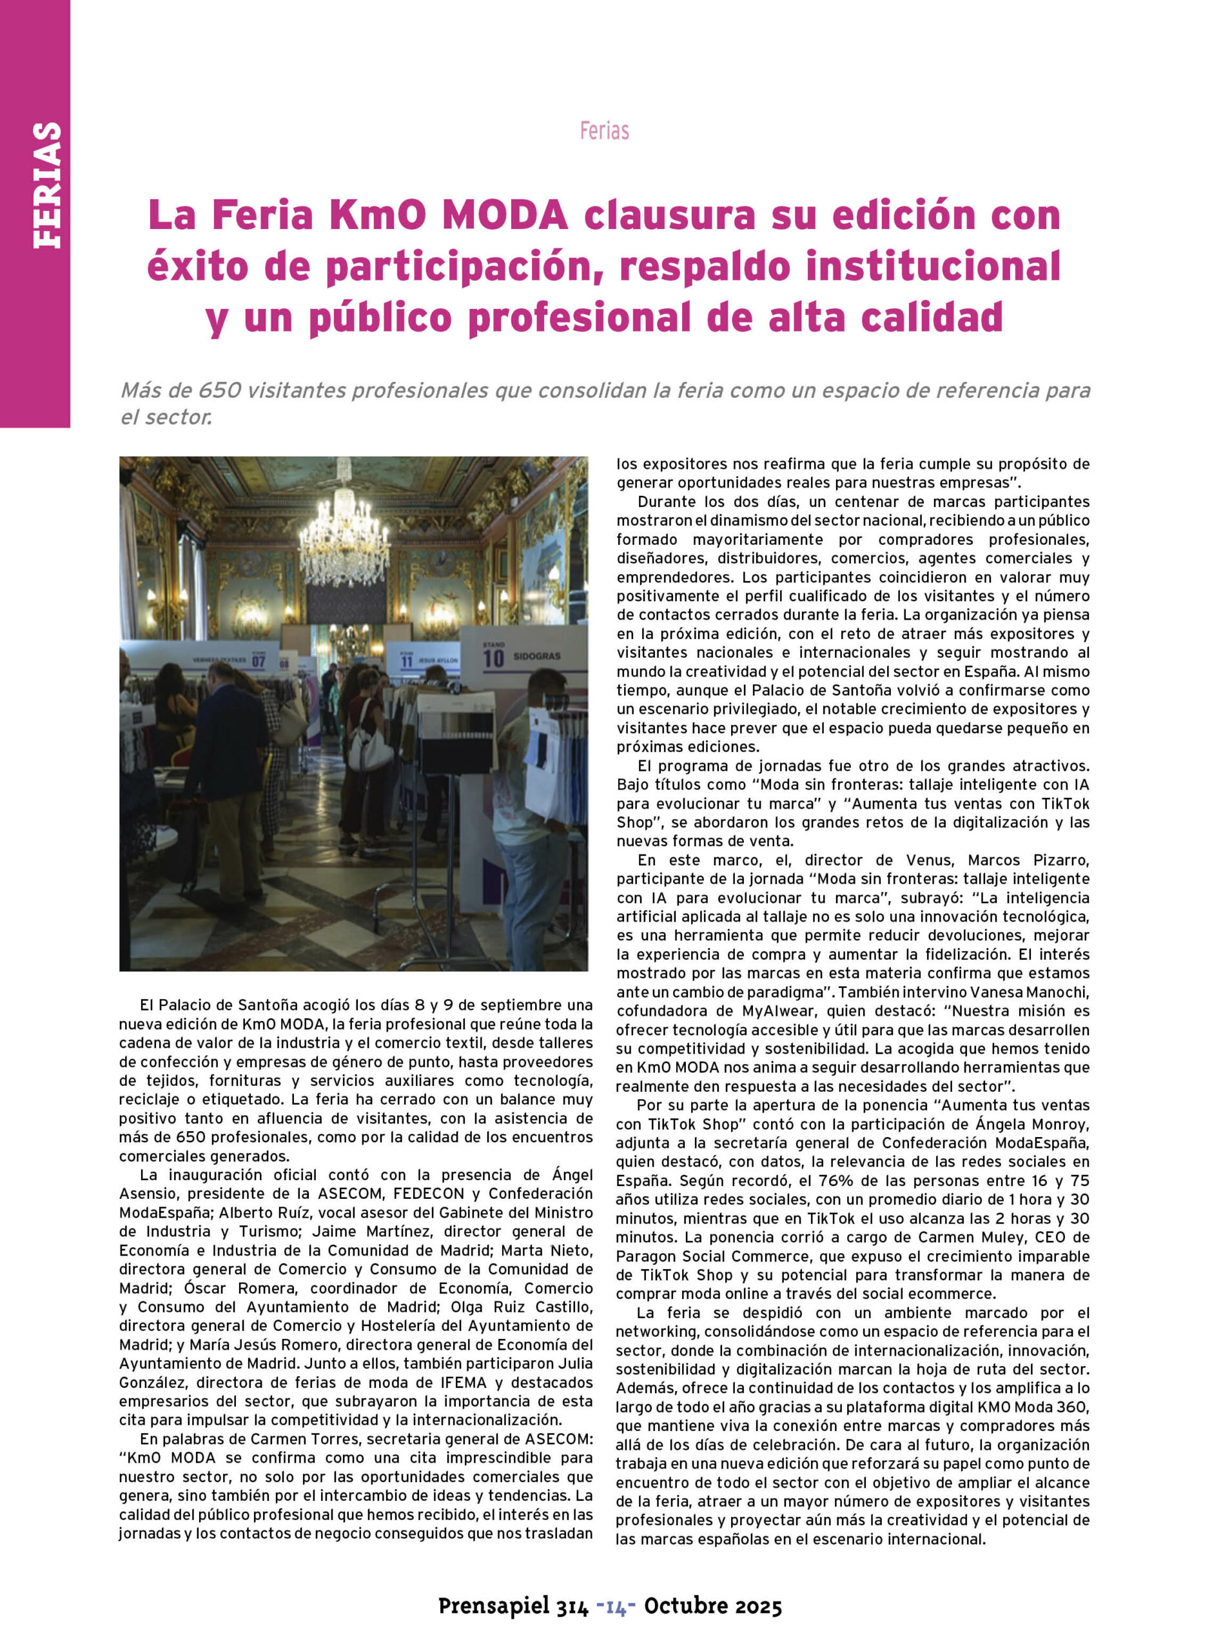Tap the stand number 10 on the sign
coord(493,657)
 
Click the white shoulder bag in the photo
coord(369,747)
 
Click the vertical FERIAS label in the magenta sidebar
coord(46,185)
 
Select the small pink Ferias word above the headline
coord(604,131)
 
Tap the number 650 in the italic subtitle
coord(220,390)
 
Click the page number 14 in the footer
coord(616,1606)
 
